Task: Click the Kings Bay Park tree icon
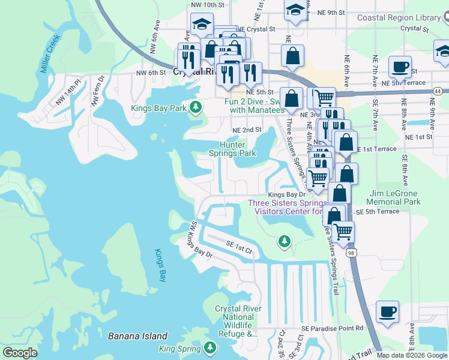pos(195,107)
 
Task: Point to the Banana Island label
pos(137,336)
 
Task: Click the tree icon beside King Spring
pos(209,347)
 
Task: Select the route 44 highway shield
pos(437,91)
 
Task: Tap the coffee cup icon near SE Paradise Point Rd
pos(387,312)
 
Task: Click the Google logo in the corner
pos(20,353)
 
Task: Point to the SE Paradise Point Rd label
pos(333,328)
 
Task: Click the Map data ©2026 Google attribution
pos(412,355)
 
